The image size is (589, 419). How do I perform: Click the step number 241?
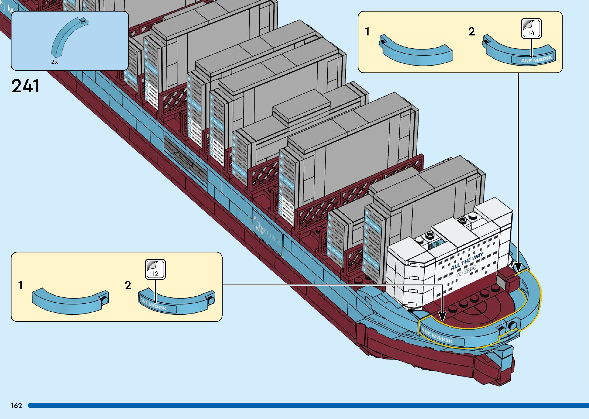(25, 86)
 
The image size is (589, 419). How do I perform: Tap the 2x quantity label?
(54, 62)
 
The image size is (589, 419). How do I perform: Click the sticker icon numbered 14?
(531, 29)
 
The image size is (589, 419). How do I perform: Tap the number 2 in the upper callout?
(471, 32)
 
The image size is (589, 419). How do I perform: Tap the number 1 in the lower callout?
(20, 286)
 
